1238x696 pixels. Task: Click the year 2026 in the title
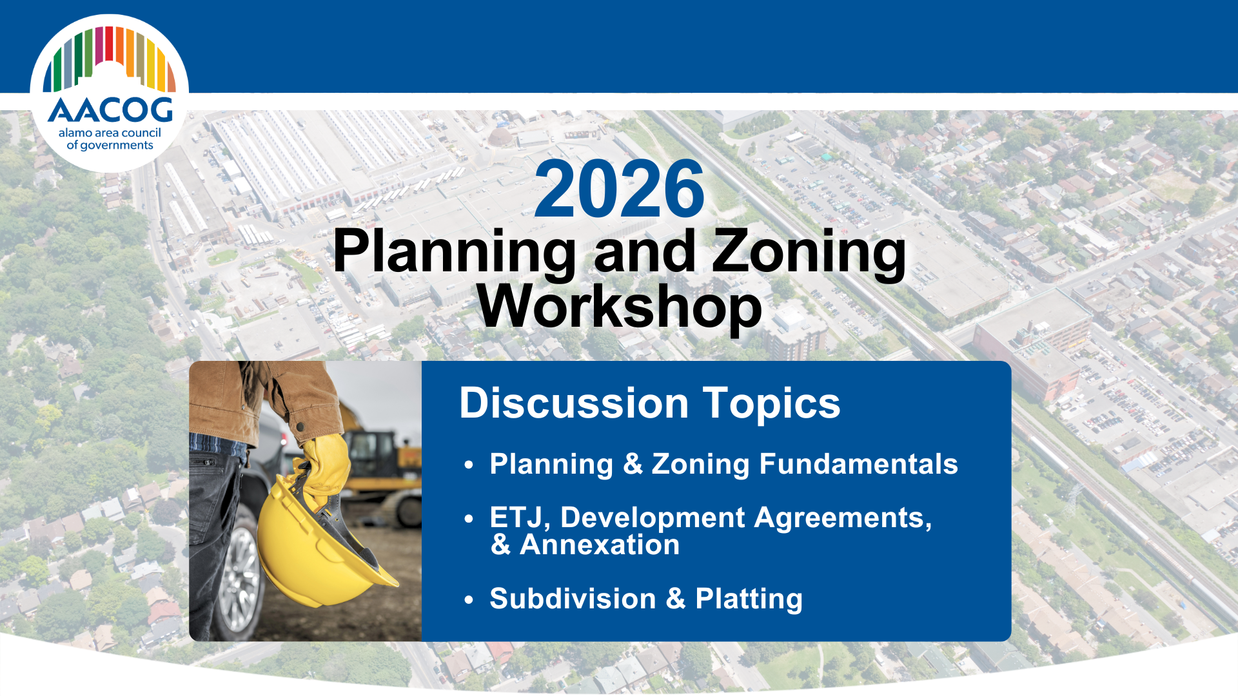[x=619, y=189]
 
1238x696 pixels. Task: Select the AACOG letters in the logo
[x=110, y=110]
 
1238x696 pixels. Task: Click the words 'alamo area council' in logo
[x=110, y=133]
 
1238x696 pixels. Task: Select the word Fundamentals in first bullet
[x=858, y=464]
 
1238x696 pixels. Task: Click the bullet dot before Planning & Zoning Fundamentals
[x=469, y=465]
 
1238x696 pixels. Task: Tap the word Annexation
[x=600, y=545]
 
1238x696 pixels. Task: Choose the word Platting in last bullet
[x=749, y=599]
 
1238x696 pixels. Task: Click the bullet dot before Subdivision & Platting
[x=469, y=600]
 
